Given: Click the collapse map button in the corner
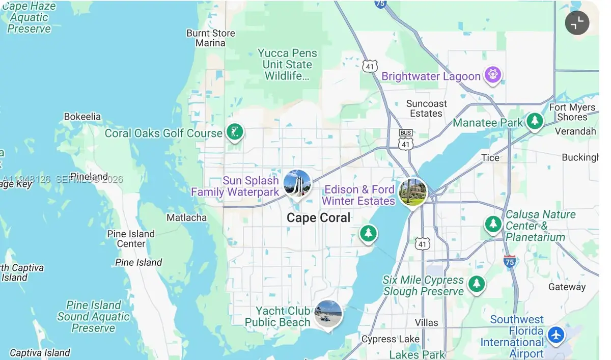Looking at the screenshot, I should coord(577,23).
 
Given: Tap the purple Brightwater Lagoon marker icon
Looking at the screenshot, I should coord(492,75).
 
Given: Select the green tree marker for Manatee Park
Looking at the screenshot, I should coord(534,121).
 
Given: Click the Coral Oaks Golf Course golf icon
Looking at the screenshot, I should coord(235,132).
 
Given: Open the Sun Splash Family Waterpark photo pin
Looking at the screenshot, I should coord(297,183).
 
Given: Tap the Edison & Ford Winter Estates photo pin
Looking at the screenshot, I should coord(412,192).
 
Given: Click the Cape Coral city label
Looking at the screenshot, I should coord(318,218).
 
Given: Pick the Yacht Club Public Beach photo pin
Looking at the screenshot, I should coord(328,314).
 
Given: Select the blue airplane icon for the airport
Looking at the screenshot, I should coord(556,335).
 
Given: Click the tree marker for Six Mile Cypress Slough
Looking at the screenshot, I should coord(477,284).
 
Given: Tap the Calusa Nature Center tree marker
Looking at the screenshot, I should coord(493,224).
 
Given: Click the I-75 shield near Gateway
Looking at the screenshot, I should coord(510,261).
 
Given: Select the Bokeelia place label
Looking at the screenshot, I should coord(82,117).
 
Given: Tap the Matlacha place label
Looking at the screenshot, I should coord(187,218).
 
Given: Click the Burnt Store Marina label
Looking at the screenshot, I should coord(211,38).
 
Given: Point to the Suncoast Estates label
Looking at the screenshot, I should coord(426,108).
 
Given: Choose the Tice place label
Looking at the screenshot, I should coord(490,158).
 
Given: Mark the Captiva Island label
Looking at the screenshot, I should coord(40,353).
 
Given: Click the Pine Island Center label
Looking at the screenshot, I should coord(131,239).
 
